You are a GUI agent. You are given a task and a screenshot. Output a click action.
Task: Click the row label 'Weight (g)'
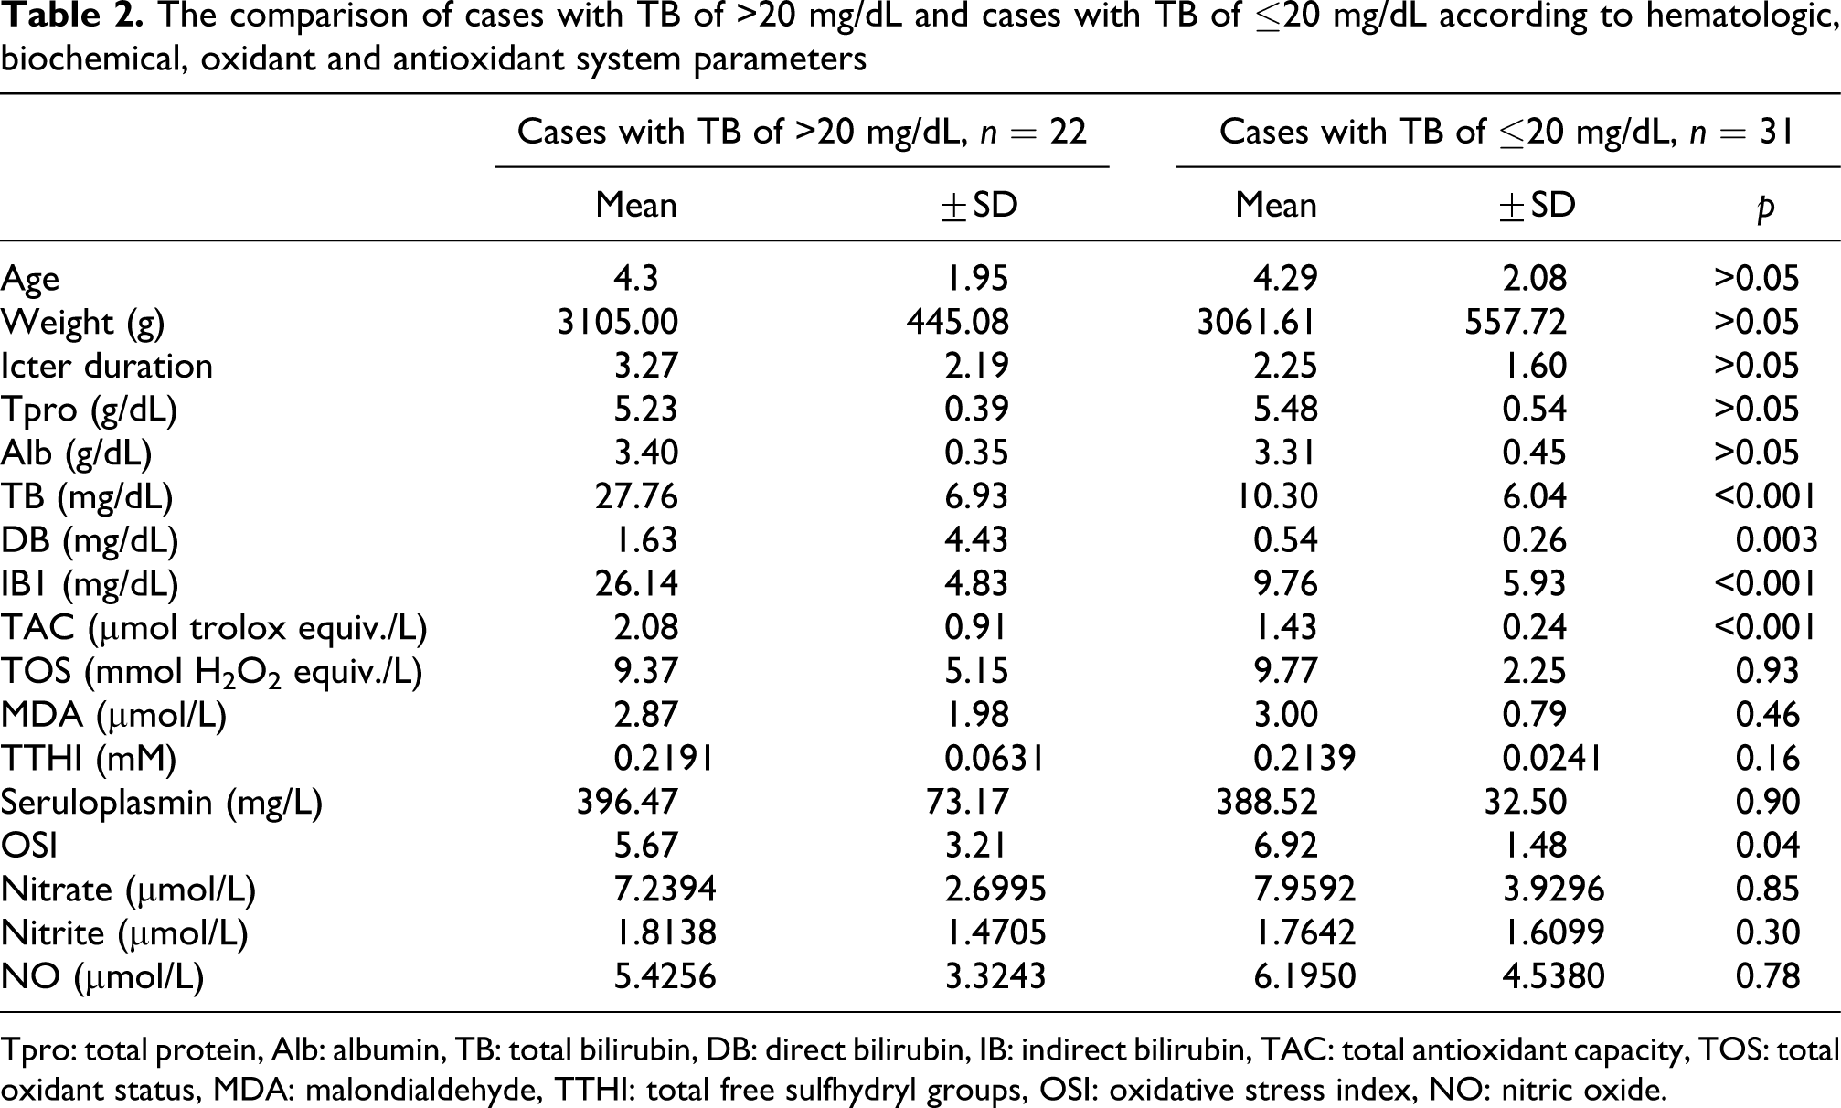[x=82, y=323]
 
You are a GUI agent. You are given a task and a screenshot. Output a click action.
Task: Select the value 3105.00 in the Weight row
[x=618, y=322]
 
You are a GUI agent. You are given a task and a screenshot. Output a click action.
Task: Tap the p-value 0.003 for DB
[x=1776, y=540]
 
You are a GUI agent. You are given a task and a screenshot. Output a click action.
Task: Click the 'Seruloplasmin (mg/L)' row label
[x=161, y=803]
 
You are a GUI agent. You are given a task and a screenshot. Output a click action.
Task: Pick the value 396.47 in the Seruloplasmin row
[x=627, y=802]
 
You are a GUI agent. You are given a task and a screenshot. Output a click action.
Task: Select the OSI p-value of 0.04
[x=1767, y=846]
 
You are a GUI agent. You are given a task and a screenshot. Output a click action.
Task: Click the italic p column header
[x=1766, y=206]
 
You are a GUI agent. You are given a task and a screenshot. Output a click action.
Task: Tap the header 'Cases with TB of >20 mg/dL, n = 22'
[x=802, y=133]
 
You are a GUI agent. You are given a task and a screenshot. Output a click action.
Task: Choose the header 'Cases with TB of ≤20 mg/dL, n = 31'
[x=1506, y=133]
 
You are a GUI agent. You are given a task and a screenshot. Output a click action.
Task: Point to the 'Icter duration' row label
[x=107, y=366]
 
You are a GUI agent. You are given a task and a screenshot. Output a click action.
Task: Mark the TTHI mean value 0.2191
[x=663, y=759]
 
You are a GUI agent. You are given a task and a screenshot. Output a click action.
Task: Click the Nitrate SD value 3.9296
[x=1553, y=890]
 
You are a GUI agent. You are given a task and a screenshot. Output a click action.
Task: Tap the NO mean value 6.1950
[x=1304, y=976]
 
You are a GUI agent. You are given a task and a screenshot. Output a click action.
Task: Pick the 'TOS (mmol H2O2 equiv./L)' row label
[x=211, y=672]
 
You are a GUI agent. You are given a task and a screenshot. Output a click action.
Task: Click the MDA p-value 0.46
[x=1767, y=715]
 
